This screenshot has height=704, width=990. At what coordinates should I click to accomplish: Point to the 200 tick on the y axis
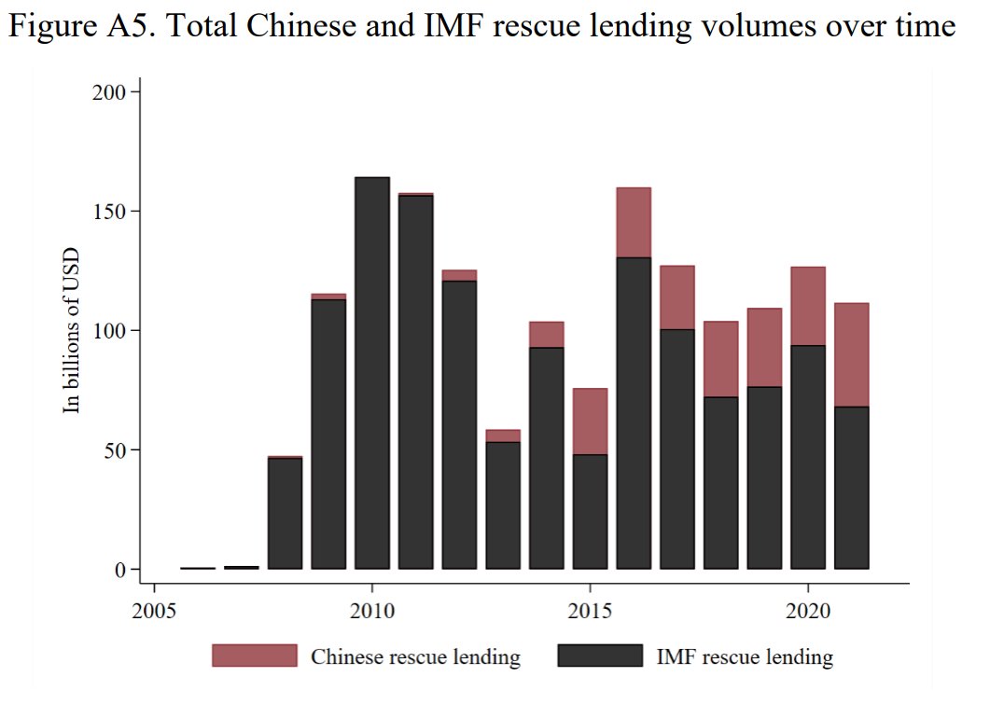[x=111, y=91]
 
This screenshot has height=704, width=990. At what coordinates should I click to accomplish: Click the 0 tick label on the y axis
[x=120, y=570]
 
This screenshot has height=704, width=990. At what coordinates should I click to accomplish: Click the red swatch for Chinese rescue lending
[x=254, y=656]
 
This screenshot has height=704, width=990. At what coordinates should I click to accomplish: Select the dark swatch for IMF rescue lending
[x=599, y=656]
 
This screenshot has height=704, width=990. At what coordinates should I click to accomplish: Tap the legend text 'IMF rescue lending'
[x=744, y=657]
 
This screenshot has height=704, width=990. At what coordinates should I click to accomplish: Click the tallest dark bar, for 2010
[x=372, y=373]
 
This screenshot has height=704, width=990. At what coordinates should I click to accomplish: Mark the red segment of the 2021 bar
[x=851, y=354]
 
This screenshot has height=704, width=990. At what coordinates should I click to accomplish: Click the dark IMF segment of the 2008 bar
[x=286, y=513]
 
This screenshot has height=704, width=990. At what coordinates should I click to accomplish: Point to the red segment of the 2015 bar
[x=590, y=421]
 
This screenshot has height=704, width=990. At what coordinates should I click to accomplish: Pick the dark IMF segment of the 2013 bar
[x=503, y=504]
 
